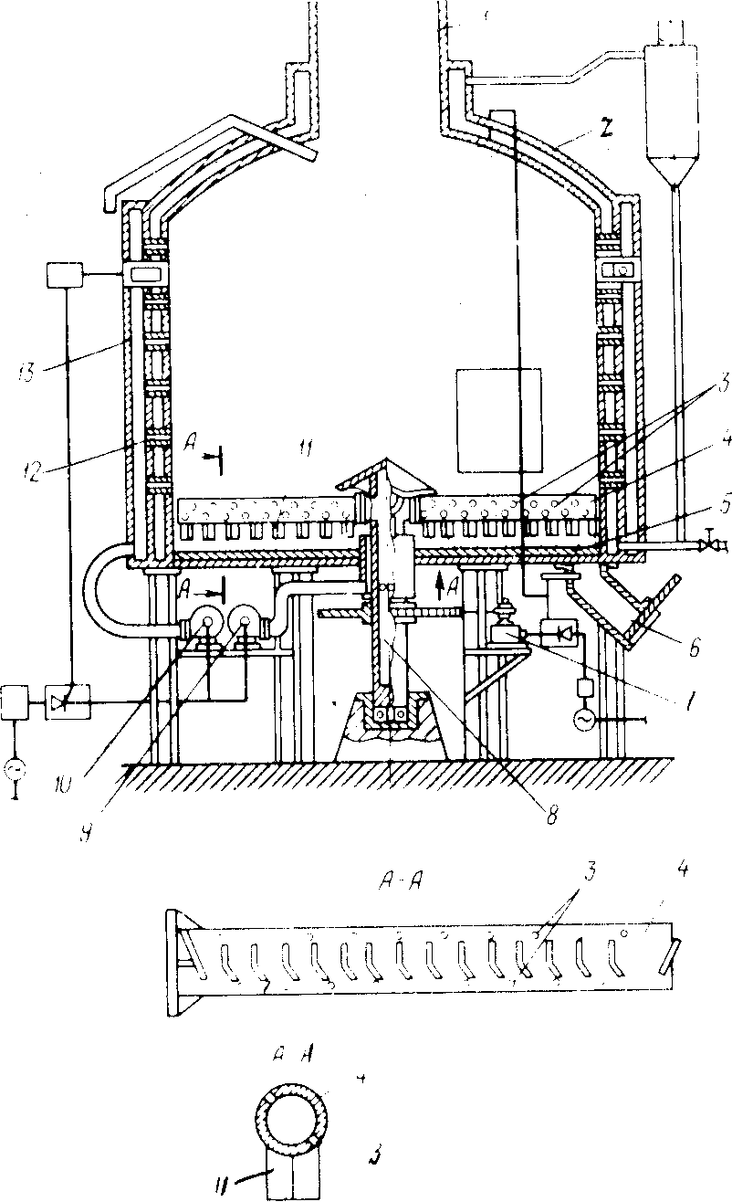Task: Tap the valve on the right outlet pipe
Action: (707, 546)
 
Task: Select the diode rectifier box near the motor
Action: (559, 632)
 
